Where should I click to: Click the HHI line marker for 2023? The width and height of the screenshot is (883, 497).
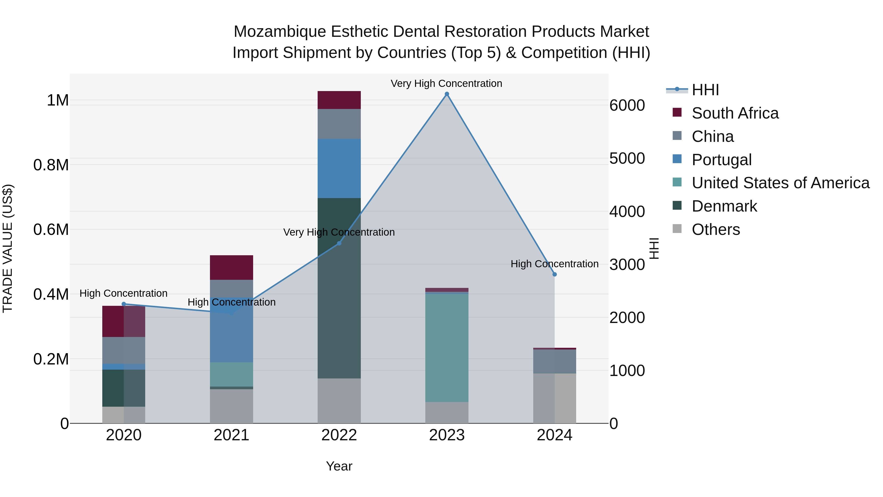point(447,94)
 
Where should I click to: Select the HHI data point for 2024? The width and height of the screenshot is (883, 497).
point(555,274)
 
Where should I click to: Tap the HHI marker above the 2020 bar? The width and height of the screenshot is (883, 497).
point(124,304)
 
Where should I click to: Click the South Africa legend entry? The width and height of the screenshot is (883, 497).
point(735,113)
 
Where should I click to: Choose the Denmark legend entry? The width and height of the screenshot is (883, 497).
point(724,206)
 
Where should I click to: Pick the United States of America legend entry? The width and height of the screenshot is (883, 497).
point(780,183)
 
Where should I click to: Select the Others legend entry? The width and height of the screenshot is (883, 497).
point(715,229)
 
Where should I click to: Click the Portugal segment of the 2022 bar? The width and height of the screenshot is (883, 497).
point(339,168)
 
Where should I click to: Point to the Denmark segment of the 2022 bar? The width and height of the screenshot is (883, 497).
point(339,288)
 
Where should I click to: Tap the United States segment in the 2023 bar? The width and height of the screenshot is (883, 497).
point(447,348)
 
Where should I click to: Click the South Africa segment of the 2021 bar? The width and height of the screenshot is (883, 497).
point(231,267)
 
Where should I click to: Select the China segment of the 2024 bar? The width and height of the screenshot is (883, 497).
point(555,361)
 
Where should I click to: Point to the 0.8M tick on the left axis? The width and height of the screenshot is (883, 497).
point(51,165)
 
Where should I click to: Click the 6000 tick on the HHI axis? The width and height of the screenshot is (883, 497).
point(627,105)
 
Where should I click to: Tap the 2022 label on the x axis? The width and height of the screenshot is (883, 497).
point(339,435)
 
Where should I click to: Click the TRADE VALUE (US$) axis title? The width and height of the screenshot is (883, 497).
point(8,248)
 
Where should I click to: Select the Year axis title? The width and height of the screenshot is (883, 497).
point(339,466)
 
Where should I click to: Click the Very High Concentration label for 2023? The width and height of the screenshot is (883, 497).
point(446,83)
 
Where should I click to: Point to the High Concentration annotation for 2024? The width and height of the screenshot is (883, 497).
point(554,264)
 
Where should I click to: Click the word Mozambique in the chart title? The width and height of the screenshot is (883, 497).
point(279,32)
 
